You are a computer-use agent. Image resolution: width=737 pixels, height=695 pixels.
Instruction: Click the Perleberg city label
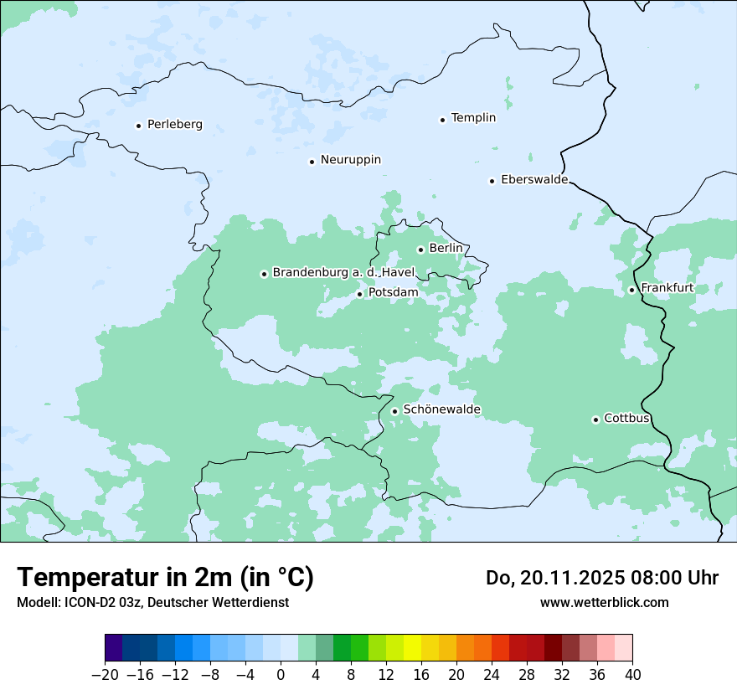tap(174, 125)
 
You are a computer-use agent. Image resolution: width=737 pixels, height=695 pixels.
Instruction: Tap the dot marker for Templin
tap(442, 120)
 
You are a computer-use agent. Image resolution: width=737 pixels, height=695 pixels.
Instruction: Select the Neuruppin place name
tap(350, 160)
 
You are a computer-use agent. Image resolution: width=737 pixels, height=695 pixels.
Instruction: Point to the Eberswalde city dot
tap(492, 181)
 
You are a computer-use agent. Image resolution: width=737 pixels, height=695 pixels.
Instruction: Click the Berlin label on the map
tap(446, 249)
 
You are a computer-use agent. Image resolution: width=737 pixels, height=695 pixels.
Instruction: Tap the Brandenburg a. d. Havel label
tap(343, 273)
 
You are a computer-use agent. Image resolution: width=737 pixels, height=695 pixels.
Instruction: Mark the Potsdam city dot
tap(359, 294)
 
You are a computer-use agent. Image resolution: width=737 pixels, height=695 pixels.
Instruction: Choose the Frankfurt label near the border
tap(667, 288)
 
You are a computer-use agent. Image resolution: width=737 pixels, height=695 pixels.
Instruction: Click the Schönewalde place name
tap(441, 409)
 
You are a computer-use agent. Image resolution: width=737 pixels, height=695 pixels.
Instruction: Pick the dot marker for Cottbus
tap(595, 420)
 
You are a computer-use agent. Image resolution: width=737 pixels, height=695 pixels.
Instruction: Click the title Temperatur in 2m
tap(165, 578)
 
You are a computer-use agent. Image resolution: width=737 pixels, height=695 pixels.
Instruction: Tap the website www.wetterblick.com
tap(604, 602)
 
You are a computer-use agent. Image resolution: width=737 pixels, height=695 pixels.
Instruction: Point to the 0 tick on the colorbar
tap(281, 675)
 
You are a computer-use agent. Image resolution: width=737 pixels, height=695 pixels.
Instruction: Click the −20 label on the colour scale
tap(105, 675)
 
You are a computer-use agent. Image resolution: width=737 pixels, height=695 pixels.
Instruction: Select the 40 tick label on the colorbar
tap(632, 675)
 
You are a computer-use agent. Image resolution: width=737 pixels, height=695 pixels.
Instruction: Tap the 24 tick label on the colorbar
tap(492, 675)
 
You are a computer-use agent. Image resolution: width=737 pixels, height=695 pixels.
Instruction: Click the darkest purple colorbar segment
tap(114, 648)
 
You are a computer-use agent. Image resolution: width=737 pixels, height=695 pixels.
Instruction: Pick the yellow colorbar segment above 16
tap(412, 648)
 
